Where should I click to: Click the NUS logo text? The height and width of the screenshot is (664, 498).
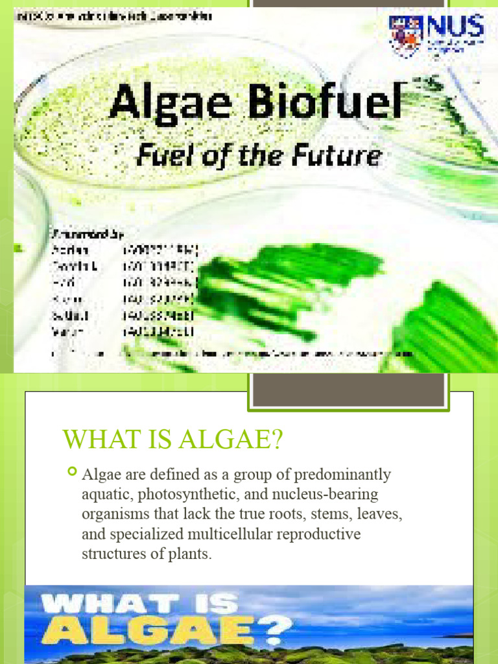click(x=454, y=27)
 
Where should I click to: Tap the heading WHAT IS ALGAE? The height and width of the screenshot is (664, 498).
click(x=173, y=440)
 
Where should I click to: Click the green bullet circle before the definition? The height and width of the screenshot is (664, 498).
click(x=72, y=471)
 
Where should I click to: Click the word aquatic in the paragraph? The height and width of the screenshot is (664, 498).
click(x=104, y=495)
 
